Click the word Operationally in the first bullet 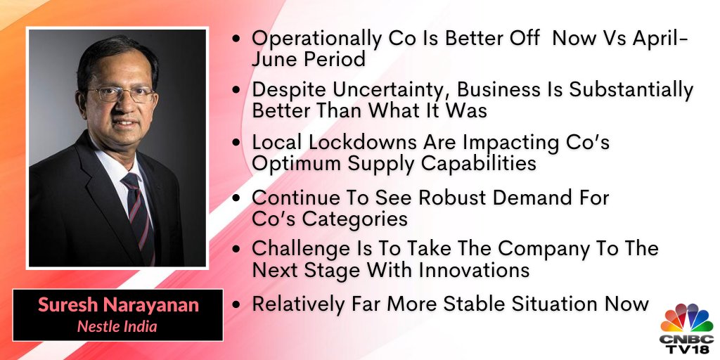pyautogui.click(x=316, y=39)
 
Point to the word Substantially pyautogui.click(x=631, y=91)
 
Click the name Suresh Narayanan pyautogui.click(x=118, y=305)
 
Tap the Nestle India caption pyautogui.click(x=117, y=326)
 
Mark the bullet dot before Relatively pyautogui.click(x=236, y=305)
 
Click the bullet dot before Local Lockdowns pyautogui.click(x=236, y=143)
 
